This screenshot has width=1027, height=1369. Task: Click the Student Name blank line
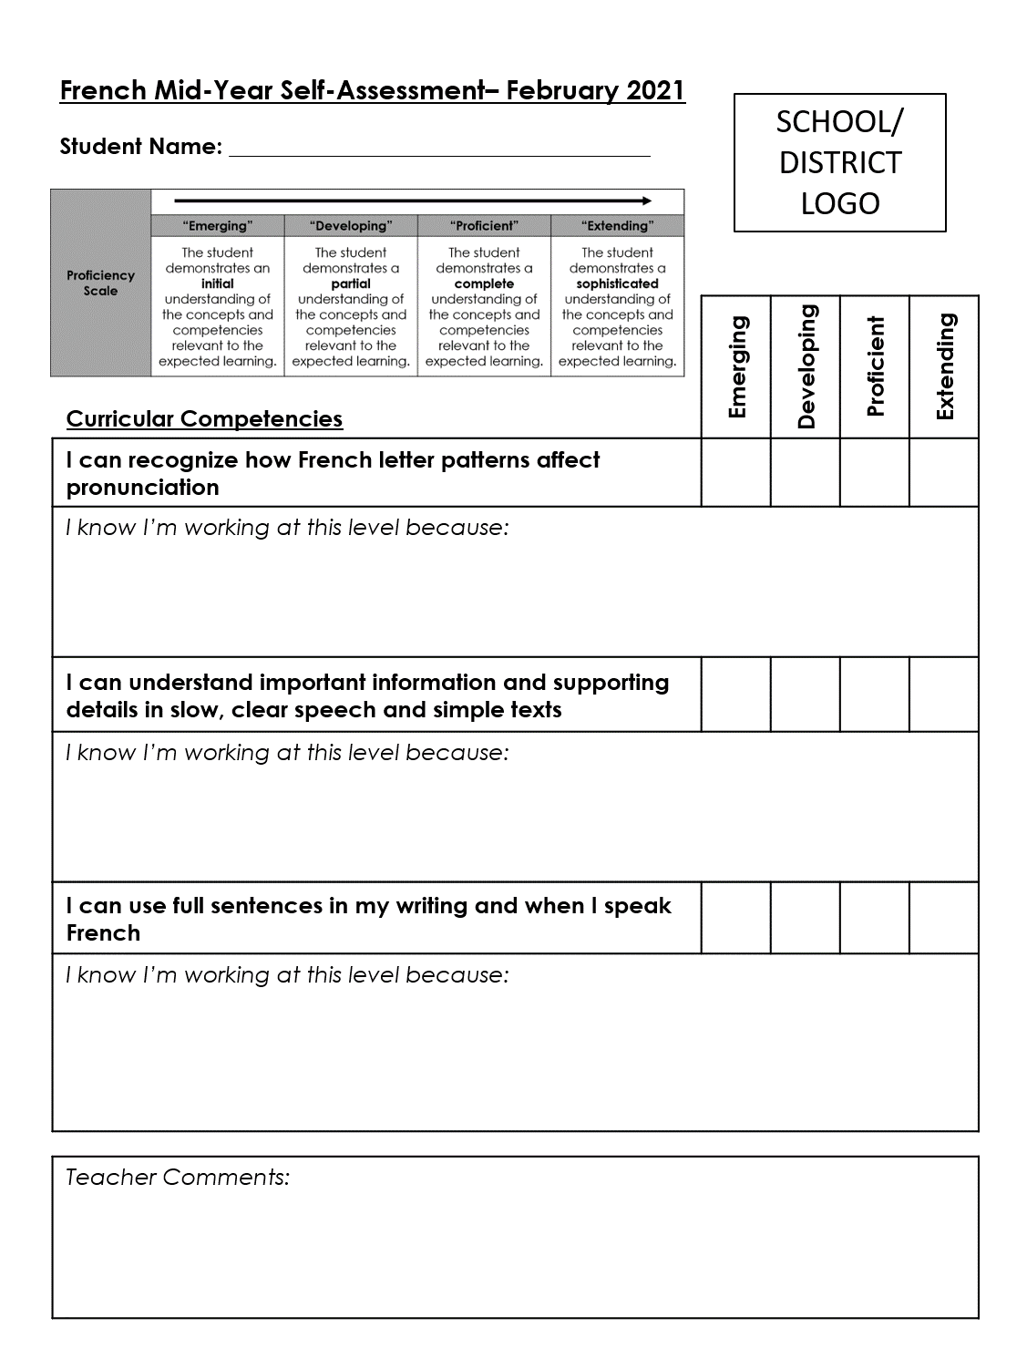click(x=439, y=148)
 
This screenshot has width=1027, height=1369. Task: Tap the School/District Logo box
click(x=839, y=163)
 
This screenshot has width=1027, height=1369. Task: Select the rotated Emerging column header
click(x=737, y=366)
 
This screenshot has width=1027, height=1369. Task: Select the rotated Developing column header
click(x=806, y=366)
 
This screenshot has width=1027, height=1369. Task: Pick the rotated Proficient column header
click(x=876, y=366)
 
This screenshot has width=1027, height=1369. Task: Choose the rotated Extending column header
click(x=945, y=366)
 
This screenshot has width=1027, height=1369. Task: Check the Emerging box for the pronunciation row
click(x=736, y=472)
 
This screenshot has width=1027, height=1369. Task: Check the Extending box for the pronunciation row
click(x=944, y=472)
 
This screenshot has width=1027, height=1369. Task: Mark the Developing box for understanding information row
click(x=806, y=695)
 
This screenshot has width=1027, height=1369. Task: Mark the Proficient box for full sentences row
click(x=875, y=918)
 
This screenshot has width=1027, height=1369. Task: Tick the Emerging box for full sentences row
click(x=736, y=918)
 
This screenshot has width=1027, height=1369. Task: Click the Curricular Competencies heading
click(x=204, y=418)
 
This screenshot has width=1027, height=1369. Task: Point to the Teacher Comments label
click(x=178, y=1177)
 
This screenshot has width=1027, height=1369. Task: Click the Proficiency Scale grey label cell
click(x=100, y=283)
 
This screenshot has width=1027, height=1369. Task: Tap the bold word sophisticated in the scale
click(x=617, y=283)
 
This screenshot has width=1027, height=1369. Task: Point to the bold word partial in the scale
click(x=351, y=283)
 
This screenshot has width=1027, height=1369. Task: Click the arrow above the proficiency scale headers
click(x=413, y=201)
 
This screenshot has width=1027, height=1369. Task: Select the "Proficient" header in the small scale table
click(x=484, y=226)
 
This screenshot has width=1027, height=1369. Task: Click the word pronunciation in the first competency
click(x=142, y=488)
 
